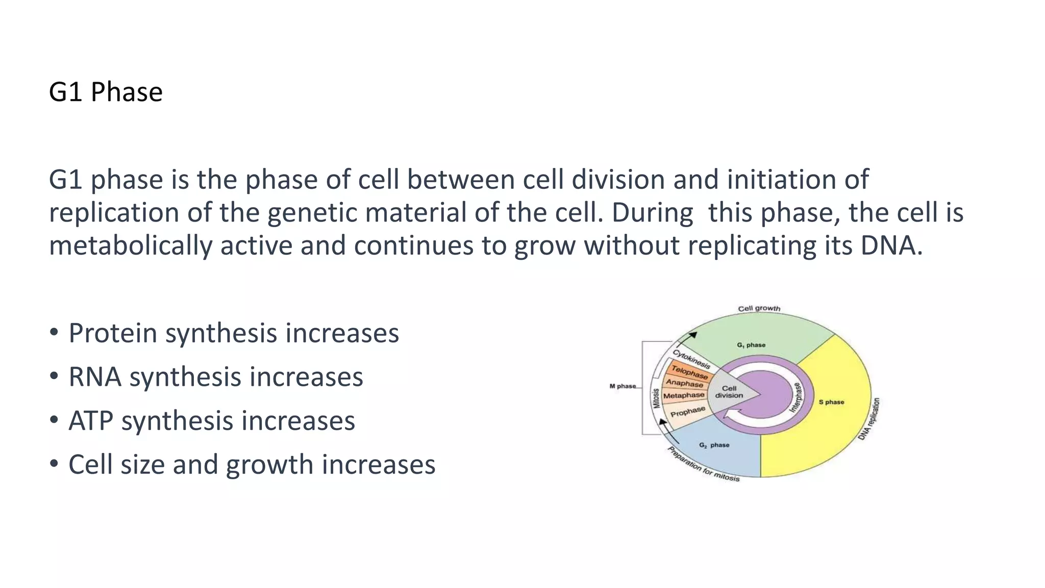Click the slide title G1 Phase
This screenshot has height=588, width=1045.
click(x=106, y=92)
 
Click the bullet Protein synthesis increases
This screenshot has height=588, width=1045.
click(x=233, y=333)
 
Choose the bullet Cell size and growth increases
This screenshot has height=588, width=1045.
click(x=252, y=465)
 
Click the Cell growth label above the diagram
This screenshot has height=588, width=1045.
click(x=759, y=308)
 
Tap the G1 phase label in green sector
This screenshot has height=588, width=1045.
click(x=751, y=345)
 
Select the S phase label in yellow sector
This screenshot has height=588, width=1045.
click(x=831, y=402)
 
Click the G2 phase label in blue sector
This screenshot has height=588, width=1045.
click(x=714, y=445)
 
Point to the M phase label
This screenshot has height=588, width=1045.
click(x=623, y=386)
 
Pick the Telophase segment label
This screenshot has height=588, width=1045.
click(x=689, y=372)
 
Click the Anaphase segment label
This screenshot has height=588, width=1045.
click(x=684, y=383)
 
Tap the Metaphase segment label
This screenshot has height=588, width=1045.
click(x=684, y=396)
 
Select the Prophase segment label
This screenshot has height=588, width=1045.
click(x=687, y=411)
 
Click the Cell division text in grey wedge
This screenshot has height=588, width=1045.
click(x=729, y=392)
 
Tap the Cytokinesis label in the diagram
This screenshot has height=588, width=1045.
click(x=691, y=359)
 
